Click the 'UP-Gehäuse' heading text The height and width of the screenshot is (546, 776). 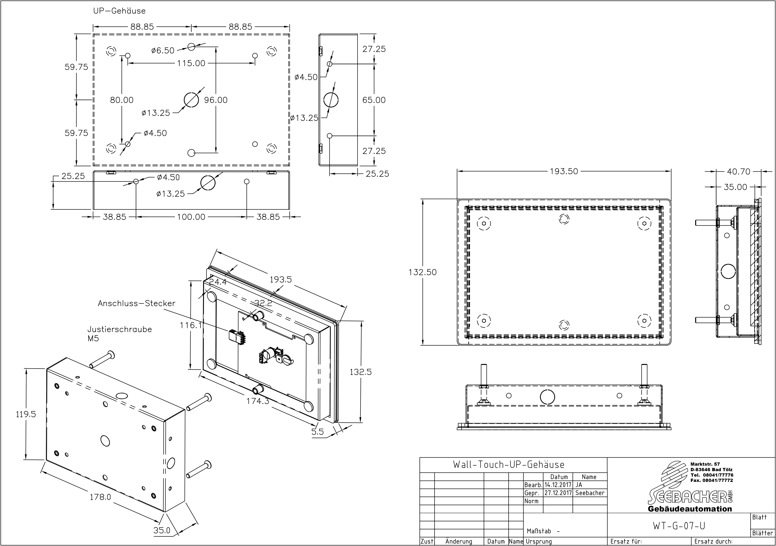(119, 11)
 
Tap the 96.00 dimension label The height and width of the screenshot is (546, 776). (216, 100)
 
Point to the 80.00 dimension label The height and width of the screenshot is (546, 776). (122, 100)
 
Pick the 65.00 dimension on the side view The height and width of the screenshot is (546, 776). (374, 100)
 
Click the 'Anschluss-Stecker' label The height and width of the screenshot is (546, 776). (137, 303)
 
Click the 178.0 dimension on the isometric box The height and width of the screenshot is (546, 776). (100, 497)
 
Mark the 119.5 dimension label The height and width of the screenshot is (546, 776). (26, 414)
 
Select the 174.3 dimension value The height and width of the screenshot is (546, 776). (257, 401)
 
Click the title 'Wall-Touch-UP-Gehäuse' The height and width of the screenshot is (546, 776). (509, 465)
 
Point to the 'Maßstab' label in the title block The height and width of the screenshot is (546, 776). (539, 531)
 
